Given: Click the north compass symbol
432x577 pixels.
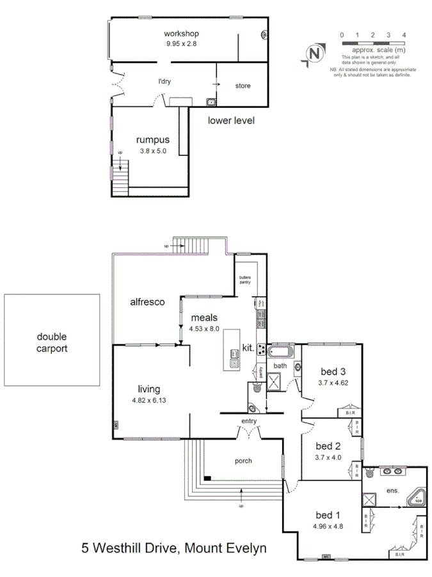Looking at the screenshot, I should point(314,54).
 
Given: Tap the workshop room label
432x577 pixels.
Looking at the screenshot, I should point(182,33).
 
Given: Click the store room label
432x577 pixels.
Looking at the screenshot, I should point(243,86).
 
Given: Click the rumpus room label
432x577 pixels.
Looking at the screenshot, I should point(152,140).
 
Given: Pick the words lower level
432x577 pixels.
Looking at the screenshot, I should point(232,120).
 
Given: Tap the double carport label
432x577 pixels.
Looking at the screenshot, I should point(52,343).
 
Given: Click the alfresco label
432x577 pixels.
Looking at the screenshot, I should point(148,301).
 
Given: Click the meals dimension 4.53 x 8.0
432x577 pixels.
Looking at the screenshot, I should point(204,328).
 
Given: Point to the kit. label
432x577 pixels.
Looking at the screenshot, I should point(248,349).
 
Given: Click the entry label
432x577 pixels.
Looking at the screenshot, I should point(249,421).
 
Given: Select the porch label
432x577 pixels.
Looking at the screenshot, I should point(243,460).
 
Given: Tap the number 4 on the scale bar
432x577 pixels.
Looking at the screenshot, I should point(404,35).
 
